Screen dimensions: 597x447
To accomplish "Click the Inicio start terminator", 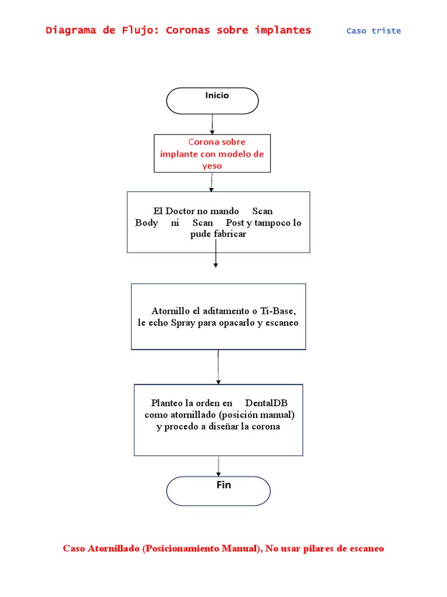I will (x=212, y=101).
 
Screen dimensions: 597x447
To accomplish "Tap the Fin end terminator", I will (x=218, y=491).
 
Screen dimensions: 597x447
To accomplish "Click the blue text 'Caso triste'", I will (x=373, y=31).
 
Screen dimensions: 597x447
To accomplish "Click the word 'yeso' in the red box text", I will (x=212, y=166).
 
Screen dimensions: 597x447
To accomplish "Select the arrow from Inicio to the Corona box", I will (x=212, y=124).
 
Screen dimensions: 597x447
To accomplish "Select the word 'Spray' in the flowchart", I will (x=183, y=322).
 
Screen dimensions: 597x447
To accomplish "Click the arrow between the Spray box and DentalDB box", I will (x=218, y=366).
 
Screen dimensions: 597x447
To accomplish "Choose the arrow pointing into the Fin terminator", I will (x=218, y=466).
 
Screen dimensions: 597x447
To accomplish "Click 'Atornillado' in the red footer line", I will (x=115, y=549).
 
